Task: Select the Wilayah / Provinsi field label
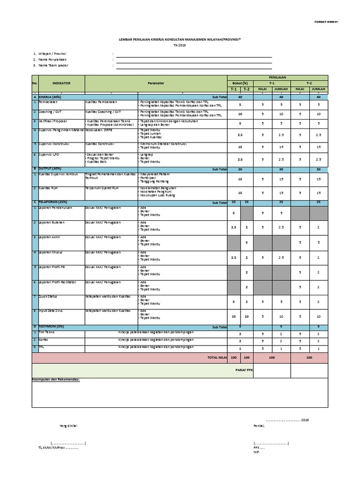click(52, 54)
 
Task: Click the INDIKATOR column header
click(61, 83)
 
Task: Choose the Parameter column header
click(157, 83)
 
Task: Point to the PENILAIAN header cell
click(277, 77)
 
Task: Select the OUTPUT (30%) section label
click(51, 169)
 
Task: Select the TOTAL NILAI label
click(217, 357)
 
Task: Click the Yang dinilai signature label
click(68, 426)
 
